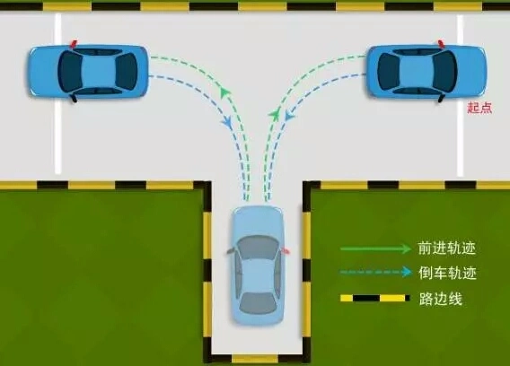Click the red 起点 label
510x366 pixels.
point(479,108)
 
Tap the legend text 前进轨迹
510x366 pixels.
point(447,248)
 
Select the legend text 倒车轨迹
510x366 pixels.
point(447,273)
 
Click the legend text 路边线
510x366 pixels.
point(440,298)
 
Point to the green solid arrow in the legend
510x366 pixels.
point(375,248)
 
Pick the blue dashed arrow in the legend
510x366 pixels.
point(375,272)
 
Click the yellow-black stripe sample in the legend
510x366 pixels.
point(375,298)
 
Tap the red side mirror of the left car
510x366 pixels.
point(74,43)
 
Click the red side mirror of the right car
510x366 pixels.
point(441,43)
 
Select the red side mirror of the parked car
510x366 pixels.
point(286,250)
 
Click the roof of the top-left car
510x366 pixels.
point(97,72)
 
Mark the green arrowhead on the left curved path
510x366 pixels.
point(224,92)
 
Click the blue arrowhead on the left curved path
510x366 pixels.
point(227,122)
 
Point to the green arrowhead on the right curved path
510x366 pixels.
point(275,115)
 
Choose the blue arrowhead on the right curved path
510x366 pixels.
point(289,115)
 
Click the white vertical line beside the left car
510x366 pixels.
point(57,93)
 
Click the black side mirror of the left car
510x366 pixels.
point(74,99)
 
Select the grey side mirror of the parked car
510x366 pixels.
point(230,251)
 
